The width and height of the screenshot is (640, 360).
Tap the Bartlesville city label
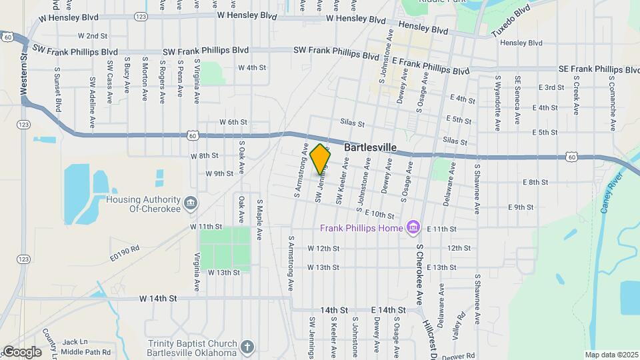pos(371,147)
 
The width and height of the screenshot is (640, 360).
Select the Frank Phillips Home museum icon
pos(413,229)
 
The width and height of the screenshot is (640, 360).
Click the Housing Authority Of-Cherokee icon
pos(190,202)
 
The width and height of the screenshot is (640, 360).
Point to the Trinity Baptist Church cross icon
pos(247,347)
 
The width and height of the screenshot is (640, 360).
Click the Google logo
pos(21,352)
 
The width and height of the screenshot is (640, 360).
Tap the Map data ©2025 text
pos(611,355)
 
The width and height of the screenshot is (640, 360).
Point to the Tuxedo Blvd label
pos(510,20)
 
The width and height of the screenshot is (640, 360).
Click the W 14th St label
pos(158,298)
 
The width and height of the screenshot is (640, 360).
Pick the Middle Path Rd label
pos(86,351)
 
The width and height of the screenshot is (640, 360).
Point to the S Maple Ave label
pos(259,219)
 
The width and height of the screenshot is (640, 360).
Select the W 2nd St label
pos(93,35)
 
